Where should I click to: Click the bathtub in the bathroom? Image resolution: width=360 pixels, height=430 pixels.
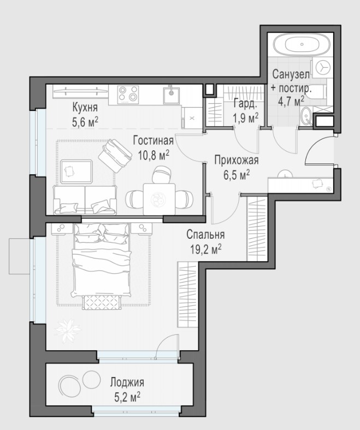click(302, 44)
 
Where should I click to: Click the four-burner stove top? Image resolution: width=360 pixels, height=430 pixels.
click(128, 94)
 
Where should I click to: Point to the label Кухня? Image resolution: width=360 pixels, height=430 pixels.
click(85, 107)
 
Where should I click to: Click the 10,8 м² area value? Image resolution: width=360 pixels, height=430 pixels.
click(154, 155)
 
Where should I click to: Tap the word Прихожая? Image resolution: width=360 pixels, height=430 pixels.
click(237, 160)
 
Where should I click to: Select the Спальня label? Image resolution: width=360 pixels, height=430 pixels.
click(205, 234)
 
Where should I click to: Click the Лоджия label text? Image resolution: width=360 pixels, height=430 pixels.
click(127, 382)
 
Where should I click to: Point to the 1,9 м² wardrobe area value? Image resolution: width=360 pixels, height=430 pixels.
click(245, 118)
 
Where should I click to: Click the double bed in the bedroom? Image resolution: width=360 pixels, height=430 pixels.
click(101, 261)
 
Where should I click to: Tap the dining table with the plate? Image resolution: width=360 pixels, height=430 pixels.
click(159, 199)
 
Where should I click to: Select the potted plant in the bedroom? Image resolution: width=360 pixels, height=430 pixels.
click(67, 331)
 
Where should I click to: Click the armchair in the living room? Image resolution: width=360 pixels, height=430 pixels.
click(115, 156)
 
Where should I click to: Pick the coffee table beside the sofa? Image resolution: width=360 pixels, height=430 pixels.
click(76, 172)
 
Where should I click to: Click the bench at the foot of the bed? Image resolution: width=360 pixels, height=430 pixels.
click(102, 303)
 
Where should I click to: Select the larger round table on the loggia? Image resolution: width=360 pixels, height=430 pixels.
click(69, 385)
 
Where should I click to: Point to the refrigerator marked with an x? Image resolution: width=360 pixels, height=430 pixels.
click(192, 118)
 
